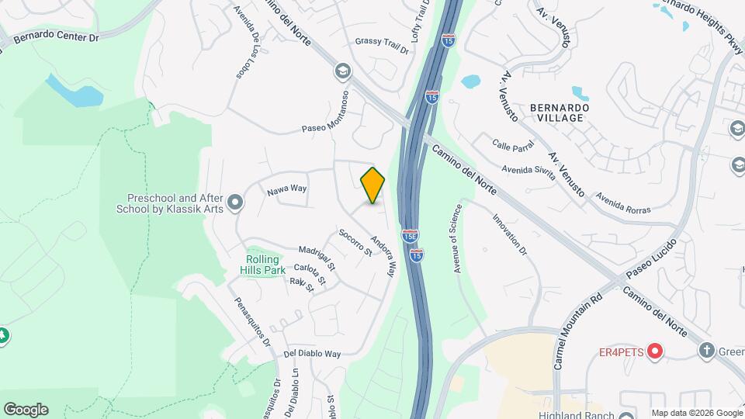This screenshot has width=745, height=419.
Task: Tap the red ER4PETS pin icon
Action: pos(655,351)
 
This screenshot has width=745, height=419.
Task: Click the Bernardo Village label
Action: pos(556,113)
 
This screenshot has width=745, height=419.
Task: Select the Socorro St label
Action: pos(356,242)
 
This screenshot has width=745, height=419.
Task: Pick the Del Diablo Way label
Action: pos(312,354)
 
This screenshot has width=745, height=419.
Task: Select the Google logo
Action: pos(26,409)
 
